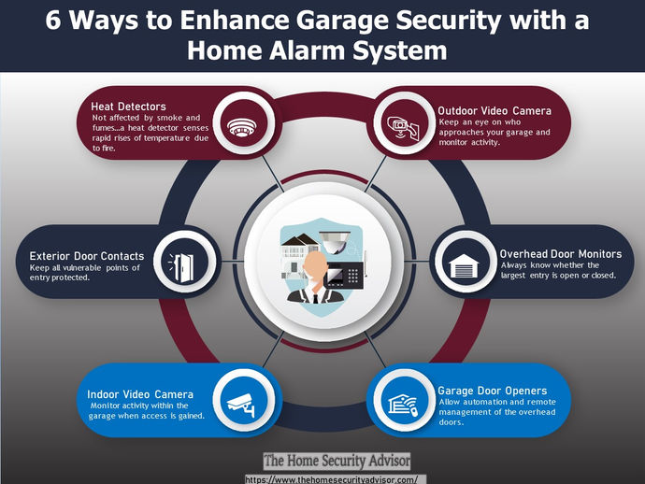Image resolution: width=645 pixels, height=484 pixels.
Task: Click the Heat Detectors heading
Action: pyautogui.click(x=128, y=107)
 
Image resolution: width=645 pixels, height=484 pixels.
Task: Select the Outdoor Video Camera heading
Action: pyautogui.click(x=494, y=110)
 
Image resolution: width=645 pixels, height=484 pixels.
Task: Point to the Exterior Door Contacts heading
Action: pyautogui.click(x=87, y=255)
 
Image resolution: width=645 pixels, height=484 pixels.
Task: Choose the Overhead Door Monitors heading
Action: pyautogui.click(x=560, y=253)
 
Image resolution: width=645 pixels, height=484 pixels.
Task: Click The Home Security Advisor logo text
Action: pyautogui.click(x=337, y=461)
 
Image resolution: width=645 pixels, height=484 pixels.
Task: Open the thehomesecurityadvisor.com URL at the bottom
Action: pyautogui.click(x=336, y=478)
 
